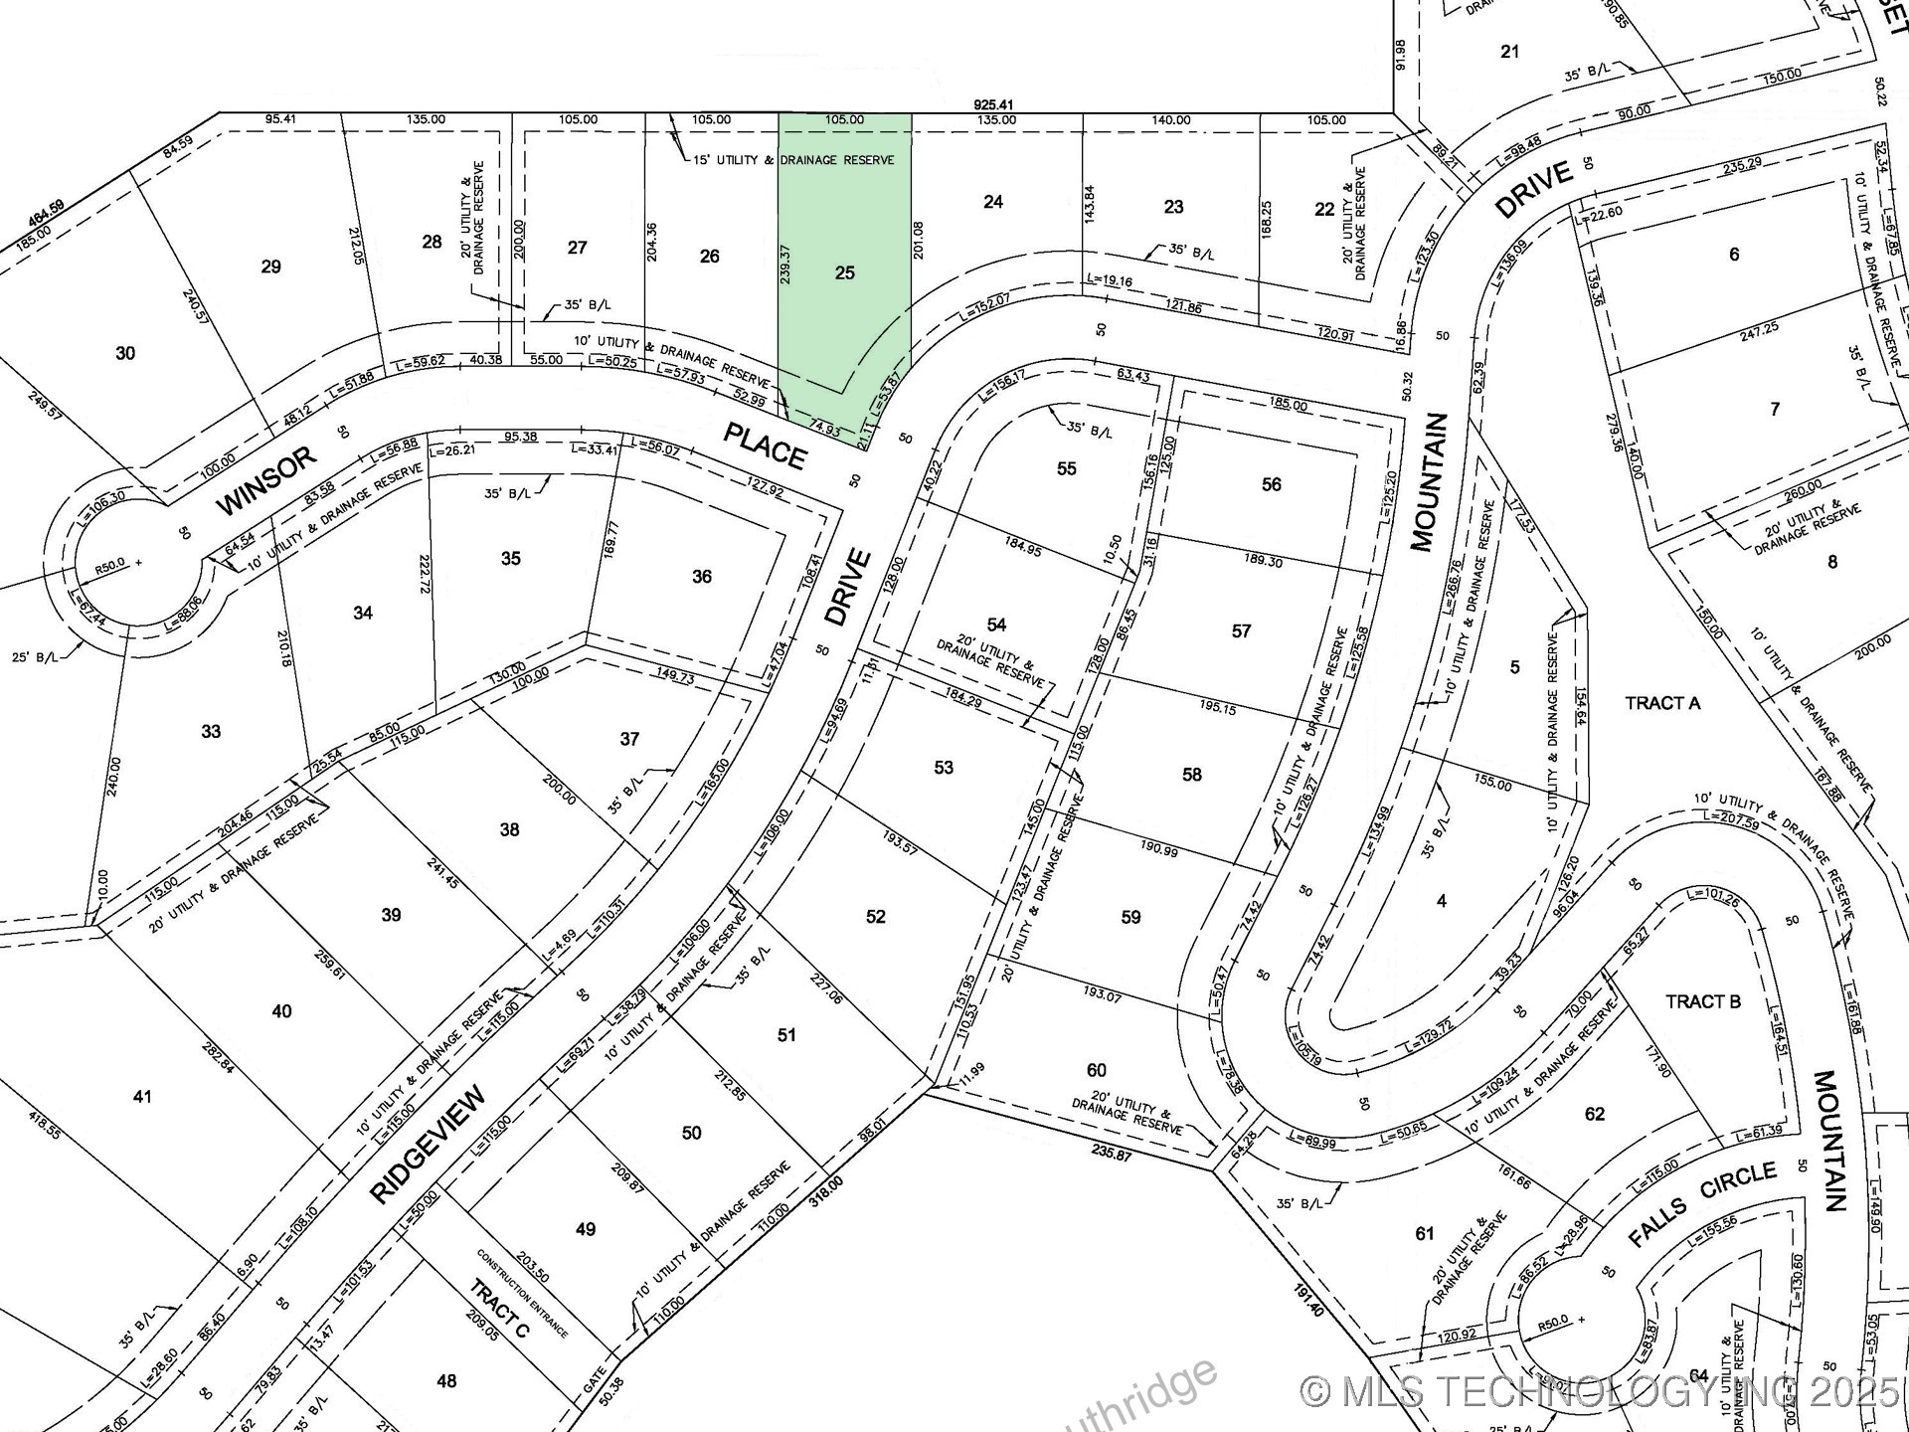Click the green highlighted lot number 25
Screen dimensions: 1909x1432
[x=844, y=272]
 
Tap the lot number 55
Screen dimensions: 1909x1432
[x=1066, y=468]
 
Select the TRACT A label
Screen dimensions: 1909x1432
[x=1662, y=703]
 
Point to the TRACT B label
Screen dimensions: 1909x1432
[x=1703, y=1001]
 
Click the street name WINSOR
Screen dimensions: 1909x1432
[x=265, y=481]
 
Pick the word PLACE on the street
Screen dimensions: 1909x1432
[x=764, y=446]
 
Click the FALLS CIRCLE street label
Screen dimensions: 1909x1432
[x=1702, y=1203]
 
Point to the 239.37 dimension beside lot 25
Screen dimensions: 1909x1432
[x=785, y=265]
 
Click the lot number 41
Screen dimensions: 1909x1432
[x=142, y=1096]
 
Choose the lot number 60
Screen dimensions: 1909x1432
[x=1096, y=1070]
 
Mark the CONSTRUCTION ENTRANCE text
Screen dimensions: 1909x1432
[x=521, y=1293]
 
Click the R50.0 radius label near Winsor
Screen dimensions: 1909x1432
[x=109, y=564]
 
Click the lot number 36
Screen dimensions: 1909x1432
[x=702, y=577]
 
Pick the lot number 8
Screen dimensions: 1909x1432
[x=1831, y=562]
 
